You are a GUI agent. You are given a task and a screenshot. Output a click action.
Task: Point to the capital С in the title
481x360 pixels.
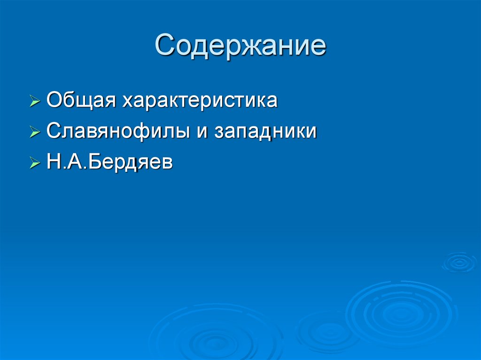[x=166, y=46]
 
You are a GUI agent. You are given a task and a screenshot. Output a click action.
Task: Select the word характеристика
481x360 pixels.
[x=200, y=101]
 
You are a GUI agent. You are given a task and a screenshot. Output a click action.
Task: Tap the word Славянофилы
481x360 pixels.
[x=116, y=131]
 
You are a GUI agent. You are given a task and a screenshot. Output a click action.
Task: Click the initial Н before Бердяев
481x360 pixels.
[x=53, y=162]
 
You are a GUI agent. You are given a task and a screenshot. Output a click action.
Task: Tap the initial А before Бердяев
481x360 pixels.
[x=72, y=162]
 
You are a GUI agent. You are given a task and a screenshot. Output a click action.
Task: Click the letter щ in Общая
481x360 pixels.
[x=85, y=102]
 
